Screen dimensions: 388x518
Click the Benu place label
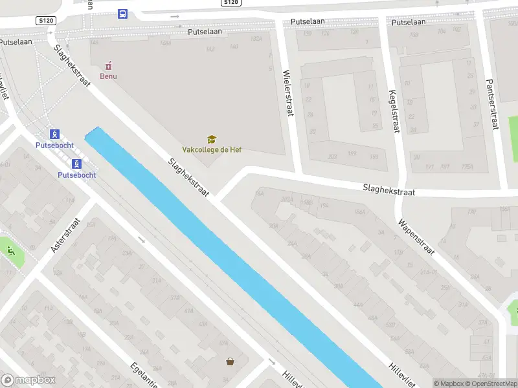108,76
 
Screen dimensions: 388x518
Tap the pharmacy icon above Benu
109,65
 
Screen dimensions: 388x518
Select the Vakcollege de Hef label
212,149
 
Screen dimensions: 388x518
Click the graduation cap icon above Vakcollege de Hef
212,139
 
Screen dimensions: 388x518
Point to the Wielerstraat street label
288,93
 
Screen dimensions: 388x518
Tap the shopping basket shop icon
230,362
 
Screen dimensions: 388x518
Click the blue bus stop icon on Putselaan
122,14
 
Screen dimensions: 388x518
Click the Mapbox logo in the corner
28,380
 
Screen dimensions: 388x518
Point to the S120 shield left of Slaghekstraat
46,21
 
